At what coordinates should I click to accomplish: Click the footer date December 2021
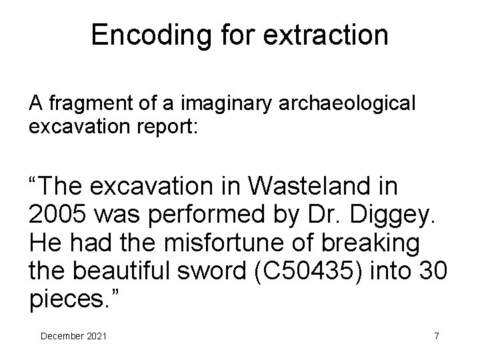[x=73, y=336]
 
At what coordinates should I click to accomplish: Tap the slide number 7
[x=436, y=336]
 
